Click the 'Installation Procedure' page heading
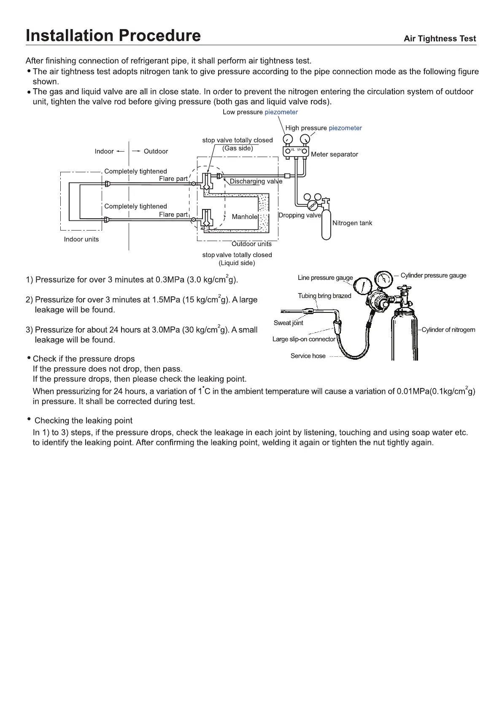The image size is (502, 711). (x=113, y=36)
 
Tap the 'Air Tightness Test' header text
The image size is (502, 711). (x=440, y=39)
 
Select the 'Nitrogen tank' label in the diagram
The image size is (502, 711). (x=352, y=223)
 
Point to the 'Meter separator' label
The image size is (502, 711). (x=334, y=155)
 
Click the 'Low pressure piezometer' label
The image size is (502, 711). (x=260, y=112)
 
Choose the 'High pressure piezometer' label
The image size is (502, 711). (x=323, y=128)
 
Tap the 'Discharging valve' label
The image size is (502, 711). (x=256, y=182)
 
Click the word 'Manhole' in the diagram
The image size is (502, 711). (x=244, y=217)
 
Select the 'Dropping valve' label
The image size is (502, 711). (x=300, y=215)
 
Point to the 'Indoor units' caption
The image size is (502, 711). (x=81, y=239)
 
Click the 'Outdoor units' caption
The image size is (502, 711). (x=251, y=244)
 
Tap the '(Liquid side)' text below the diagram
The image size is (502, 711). (x=237, y=263)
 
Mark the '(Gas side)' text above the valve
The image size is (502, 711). (x=238, y=148)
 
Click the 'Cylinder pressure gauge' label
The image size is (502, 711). (x=433, y=276)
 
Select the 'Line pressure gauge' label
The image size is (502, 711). (x=325, y=278)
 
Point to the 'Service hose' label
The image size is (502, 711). (x=308, y=356)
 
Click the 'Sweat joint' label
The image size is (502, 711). (x=288, y=323)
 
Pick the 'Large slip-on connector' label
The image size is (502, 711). (x=304, y=339)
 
